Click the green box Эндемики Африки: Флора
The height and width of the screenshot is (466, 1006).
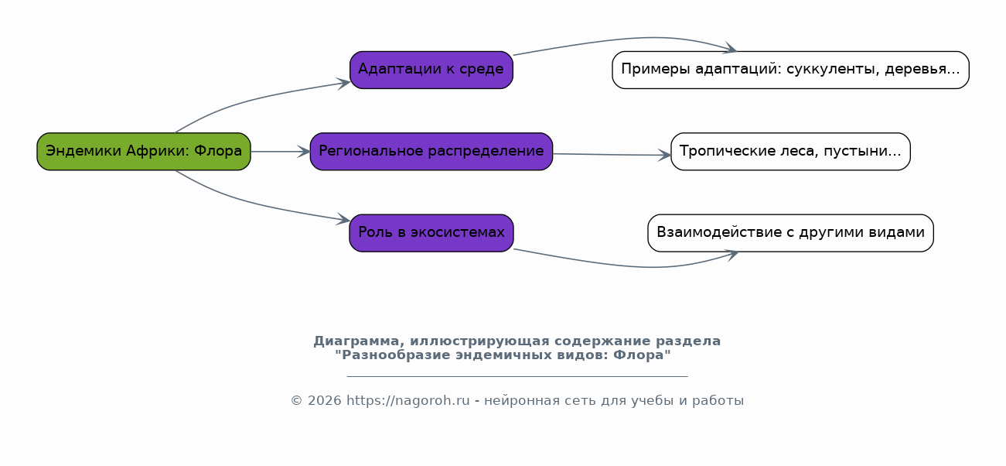[144, 152]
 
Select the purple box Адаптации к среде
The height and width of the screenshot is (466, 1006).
[431, 70]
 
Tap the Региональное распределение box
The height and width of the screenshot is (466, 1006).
[431, 152]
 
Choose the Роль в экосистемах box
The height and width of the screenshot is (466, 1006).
[431, 233]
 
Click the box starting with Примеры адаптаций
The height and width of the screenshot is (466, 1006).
[790, 70]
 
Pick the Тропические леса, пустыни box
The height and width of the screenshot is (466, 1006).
[790, 152]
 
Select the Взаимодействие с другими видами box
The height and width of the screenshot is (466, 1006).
[790, 233]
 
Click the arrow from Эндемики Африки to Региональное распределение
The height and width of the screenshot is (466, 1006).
[281, 152]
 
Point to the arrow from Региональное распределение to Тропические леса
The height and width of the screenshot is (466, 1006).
[612, 155]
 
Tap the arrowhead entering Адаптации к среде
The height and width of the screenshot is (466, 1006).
[344, 84]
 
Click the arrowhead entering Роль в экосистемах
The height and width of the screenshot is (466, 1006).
[344, 219]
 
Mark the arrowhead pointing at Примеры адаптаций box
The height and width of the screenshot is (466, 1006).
[730, 49]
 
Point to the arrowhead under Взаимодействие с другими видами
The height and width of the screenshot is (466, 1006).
[732, 255]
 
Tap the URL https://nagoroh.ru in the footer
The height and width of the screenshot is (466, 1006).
[408, 401]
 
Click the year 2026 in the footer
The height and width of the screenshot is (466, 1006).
[324, 401]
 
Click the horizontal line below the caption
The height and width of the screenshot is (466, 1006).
[517, 375]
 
